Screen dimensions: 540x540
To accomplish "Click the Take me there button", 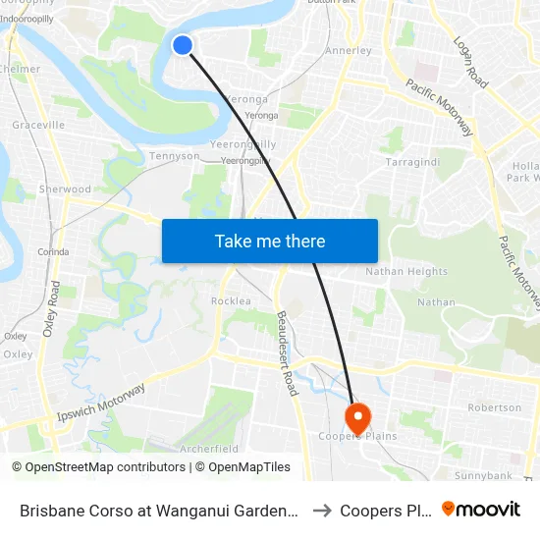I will (x=270, y=241).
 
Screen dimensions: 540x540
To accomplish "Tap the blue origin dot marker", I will (x=183, y=44).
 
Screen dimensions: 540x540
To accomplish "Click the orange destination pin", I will (x=357, y=416).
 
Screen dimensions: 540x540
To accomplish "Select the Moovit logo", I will (x=481, y=509).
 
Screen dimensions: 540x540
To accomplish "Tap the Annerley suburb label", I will (x=349, y=50).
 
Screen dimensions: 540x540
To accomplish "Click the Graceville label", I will (x=38, y=125).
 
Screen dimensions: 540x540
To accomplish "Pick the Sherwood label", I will (x=65, y=189).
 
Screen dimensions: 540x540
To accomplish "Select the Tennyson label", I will (x=174, y=155).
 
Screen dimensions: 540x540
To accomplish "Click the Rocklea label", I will (x=231, y=300).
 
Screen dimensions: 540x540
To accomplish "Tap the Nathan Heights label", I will (x=406, y=271).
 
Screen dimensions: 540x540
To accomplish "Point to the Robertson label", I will (x=495, y=406).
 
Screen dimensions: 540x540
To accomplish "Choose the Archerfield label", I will (x=209, y=448).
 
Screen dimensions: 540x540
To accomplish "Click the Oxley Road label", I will (x=51, y=309).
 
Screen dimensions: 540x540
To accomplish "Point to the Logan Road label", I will (x=470, y=63).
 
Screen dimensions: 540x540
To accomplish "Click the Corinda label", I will (x=54, y=251).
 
